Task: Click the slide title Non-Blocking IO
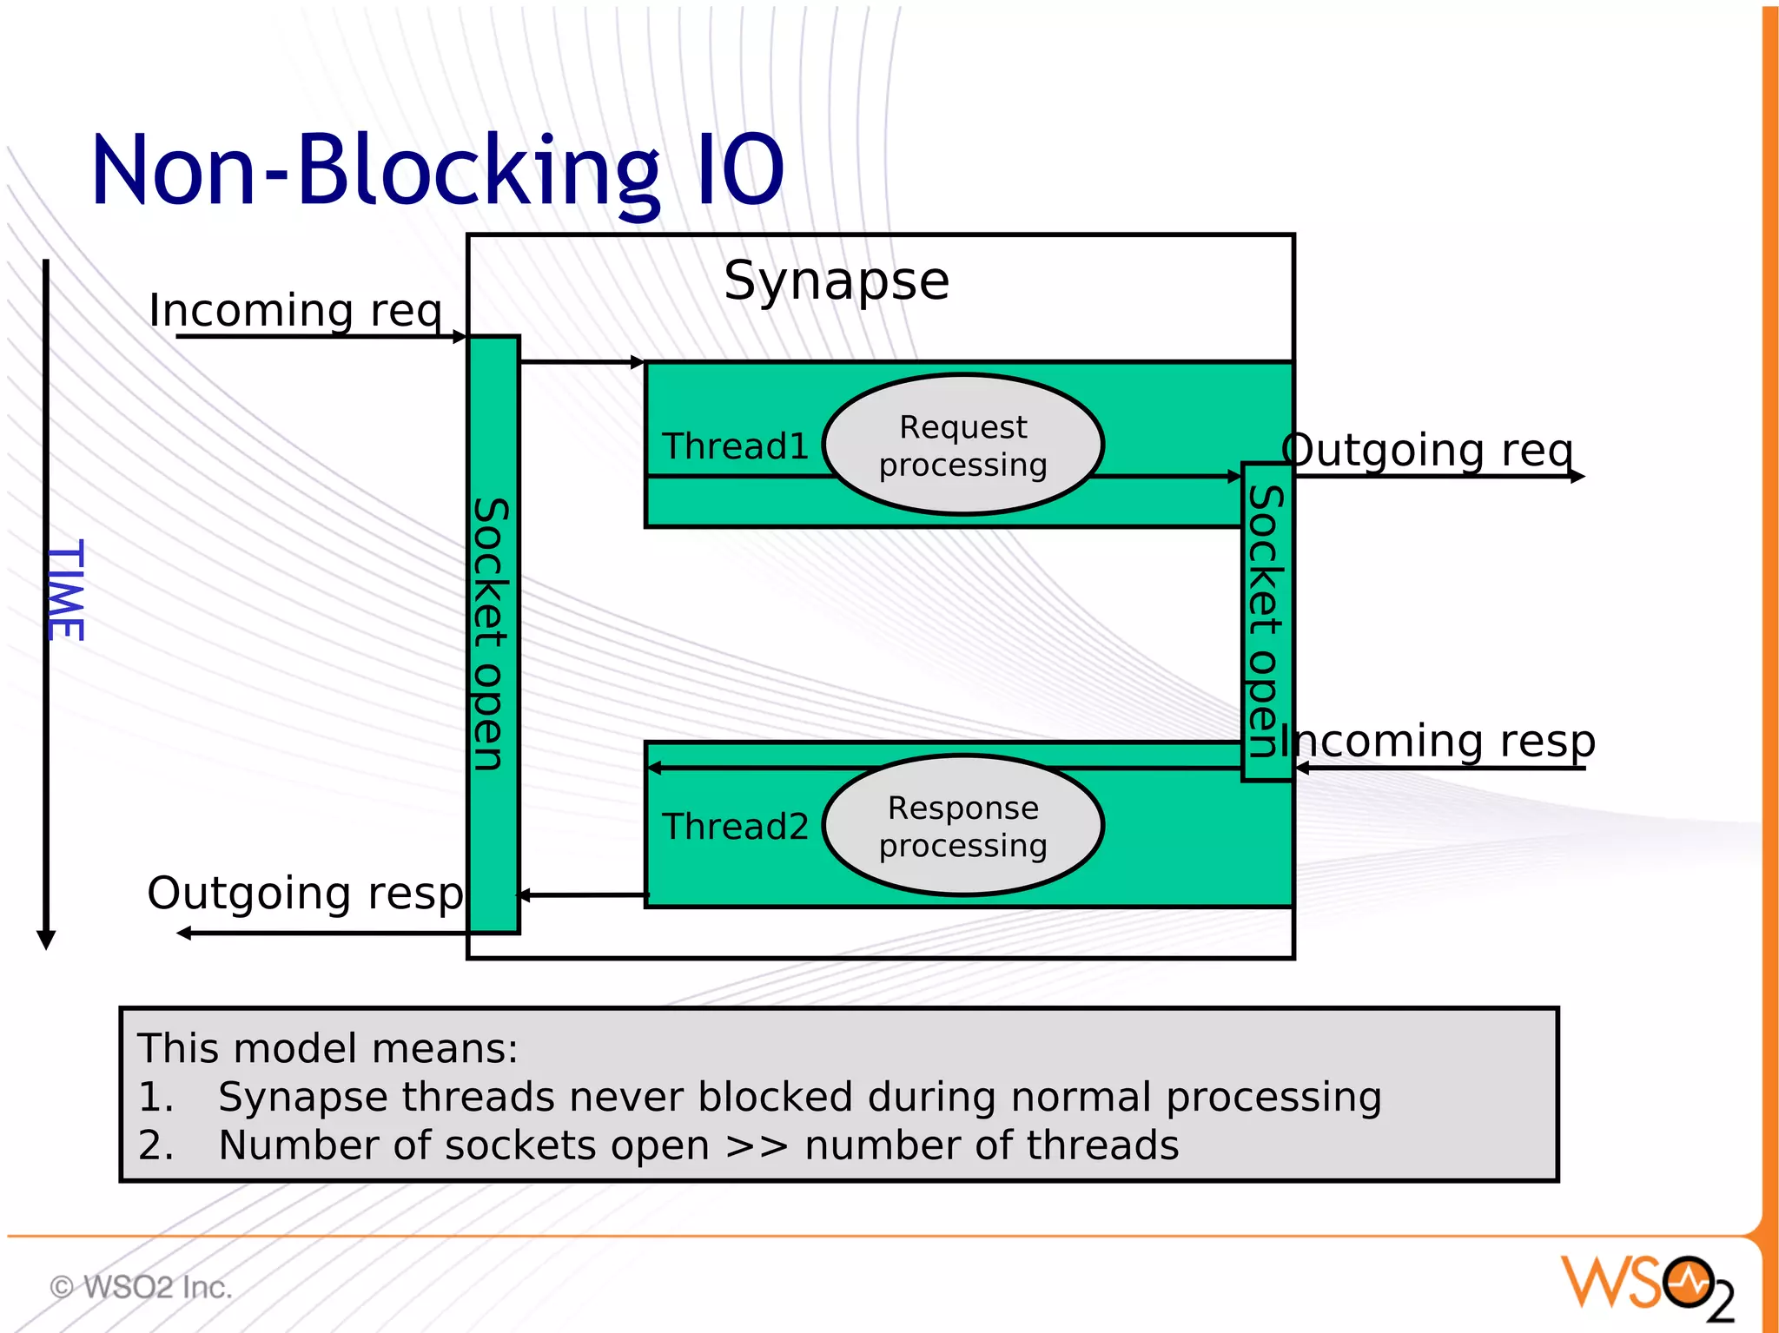[437, 171]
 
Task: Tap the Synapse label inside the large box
[837, 280]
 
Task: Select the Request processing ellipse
[962, 445]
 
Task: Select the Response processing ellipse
[962, 825]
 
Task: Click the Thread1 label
[735, 446]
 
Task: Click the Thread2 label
[735, 827]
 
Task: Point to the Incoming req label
[295, 310]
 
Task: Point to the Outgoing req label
[1427, 450]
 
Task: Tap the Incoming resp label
[1438, 741]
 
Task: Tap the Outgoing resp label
[306, 893]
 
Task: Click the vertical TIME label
[66, 590]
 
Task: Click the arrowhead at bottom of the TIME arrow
[46, 940]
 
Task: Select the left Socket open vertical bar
[493, 634]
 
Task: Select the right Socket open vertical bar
[1266, 622]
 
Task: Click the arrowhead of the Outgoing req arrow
[1577, 476]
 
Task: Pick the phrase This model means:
[327, 1048]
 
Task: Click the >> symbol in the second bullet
[757, 1145]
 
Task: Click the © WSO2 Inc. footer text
[142, 1287]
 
